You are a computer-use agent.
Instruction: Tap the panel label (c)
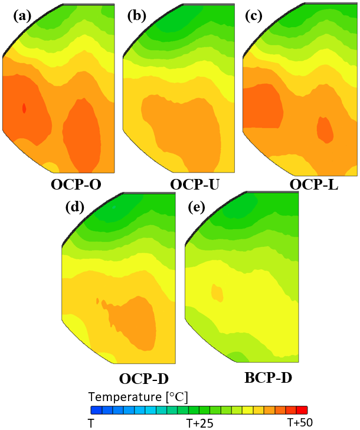click(x=255, y=17)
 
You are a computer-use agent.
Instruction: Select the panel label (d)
click(x=77, y=207)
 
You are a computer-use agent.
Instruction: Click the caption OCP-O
click(x=76, y=185)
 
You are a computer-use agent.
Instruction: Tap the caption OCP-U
click(x=195, y=185)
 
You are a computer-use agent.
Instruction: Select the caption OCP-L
click(x=313, y=185)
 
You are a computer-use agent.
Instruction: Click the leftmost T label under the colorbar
click(x=91, y=423)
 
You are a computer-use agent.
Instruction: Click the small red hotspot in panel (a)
click(x=24, y=108)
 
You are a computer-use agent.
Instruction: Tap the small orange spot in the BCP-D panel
click(x=217, y=292)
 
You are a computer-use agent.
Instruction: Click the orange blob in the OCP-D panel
click(x=136, y=322)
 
